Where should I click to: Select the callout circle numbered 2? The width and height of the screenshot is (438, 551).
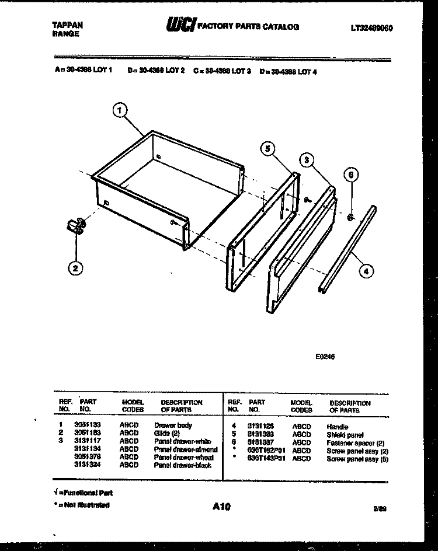click(x=74, y=268)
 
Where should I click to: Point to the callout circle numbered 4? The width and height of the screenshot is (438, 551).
click(x=366, y=270)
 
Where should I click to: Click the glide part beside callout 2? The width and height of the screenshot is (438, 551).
click(x=74, y=226)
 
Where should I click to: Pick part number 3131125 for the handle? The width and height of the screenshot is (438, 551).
click(x=260, y=427)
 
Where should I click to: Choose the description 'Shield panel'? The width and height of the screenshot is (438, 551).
click(x=345, y=435)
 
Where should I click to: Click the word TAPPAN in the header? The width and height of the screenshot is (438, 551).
click(x=64, y=25)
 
